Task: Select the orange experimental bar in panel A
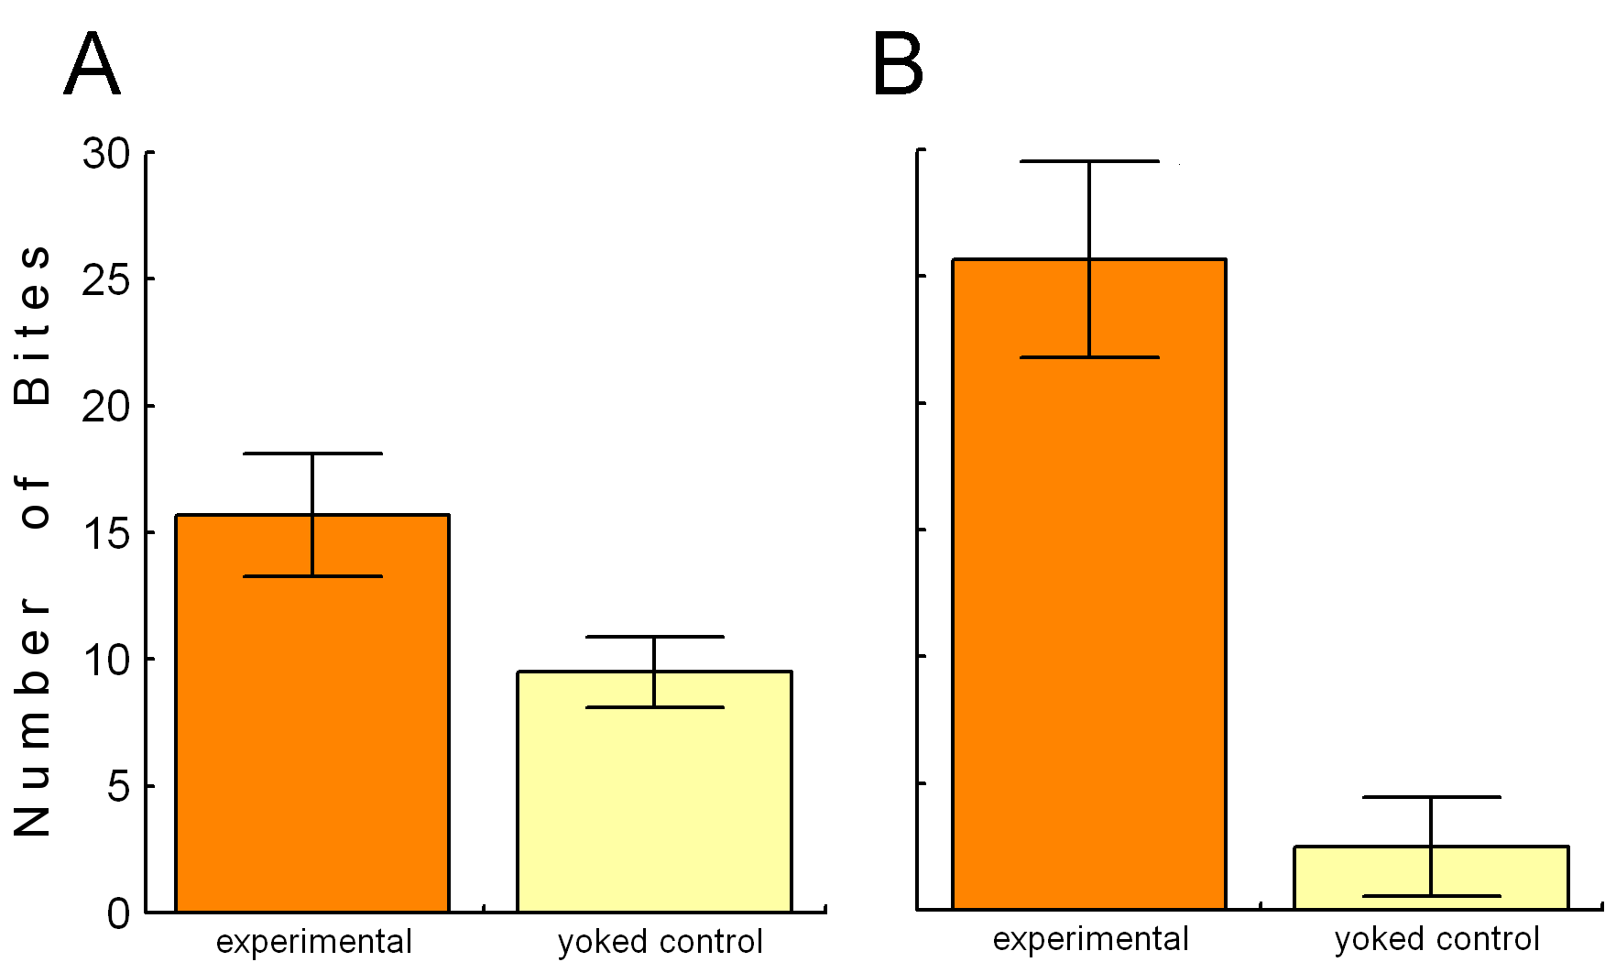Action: click(311, 733)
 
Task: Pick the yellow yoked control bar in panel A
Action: click(654, 806)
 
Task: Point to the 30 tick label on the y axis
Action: click(106, 153)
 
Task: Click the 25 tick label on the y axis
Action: click(106, 279)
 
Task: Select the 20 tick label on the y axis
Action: click(106, 406)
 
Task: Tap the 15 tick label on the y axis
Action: click(106, 533)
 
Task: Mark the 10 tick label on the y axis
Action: click(106, 660)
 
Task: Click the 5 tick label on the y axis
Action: click(119, 786)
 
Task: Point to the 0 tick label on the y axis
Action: click(119, 913)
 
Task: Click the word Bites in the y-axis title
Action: click(33, 325)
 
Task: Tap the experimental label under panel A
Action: click(313, 942)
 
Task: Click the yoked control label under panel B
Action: click(1436, 939)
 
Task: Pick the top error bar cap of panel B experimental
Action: click(1089, 161)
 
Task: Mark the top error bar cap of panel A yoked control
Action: click(654, 637)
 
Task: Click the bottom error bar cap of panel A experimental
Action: click(312, 576)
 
